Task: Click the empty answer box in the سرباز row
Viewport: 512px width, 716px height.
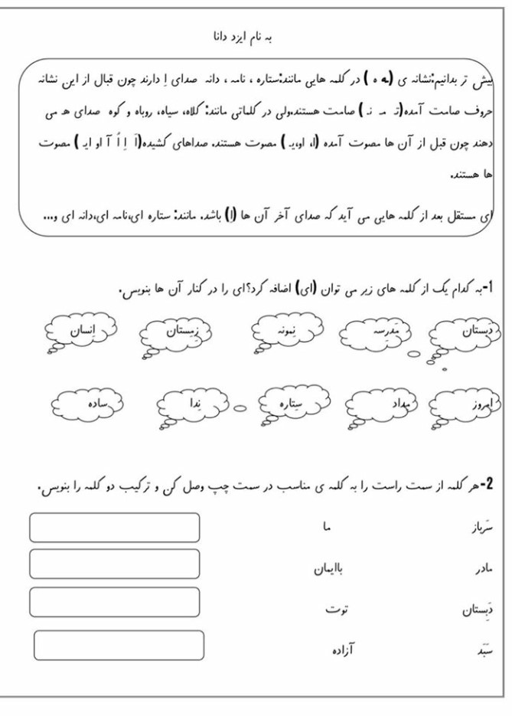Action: pyautogui.click(x=114, y=528)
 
